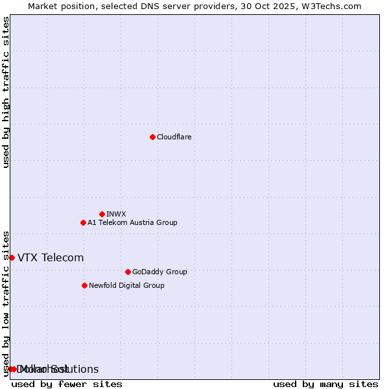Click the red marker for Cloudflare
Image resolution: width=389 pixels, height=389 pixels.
pos(152,137)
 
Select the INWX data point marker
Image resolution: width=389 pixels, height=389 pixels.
pos(102,214)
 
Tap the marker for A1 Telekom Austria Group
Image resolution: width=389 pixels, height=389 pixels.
pos(83,222)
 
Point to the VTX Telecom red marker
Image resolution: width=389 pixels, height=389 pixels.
pos(12,257)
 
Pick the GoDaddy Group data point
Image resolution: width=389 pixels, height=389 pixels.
pos(128,272)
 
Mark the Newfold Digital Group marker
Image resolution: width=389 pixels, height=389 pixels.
pos(84,285)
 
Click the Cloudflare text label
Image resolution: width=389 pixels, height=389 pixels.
pos(174,137)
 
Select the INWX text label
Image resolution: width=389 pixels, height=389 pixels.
pos(116,214)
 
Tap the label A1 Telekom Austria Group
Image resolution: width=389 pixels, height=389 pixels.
pos(132,222)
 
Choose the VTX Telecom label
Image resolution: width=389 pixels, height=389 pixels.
pos(51,257)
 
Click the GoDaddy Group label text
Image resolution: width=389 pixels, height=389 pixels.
pos(159,272)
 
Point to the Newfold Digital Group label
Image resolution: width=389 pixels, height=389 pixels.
pos(126,285)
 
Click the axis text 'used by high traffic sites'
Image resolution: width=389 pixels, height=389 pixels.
pos(6,92)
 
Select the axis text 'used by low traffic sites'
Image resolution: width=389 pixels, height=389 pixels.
pos(6,303)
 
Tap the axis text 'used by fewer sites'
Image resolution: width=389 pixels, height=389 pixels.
pos(67,384)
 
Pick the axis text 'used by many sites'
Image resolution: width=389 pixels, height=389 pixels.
pos(325,384)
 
